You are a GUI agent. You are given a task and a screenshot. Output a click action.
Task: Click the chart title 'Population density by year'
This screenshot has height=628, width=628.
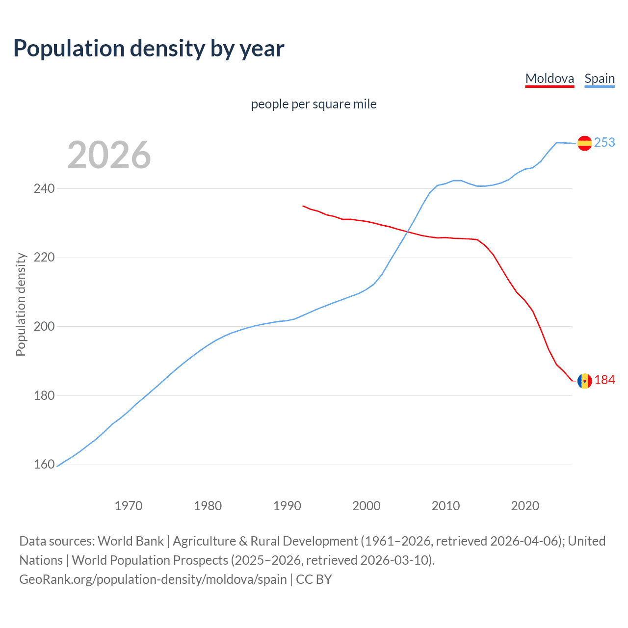(149, 49)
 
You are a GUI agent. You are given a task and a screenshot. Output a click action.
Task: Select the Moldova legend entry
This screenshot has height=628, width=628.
(549, 78)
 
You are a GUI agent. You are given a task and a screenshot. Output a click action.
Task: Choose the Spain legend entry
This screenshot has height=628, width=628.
(600, 78)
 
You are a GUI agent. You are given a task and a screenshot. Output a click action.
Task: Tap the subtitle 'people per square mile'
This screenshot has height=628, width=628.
(314, 104)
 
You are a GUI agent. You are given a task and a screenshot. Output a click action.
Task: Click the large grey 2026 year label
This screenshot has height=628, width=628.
(109, 155)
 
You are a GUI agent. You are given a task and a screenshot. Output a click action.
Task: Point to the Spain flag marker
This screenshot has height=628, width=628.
(584, 143)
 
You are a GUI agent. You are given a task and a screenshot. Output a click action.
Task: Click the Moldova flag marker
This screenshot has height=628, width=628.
(584, 381)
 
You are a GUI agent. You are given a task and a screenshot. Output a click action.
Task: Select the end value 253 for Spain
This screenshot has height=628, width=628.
(604, 142)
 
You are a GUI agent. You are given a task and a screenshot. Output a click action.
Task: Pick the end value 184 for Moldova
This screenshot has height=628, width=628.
(604, 380)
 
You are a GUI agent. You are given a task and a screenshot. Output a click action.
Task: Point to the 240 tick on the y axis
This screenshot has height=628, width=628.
(44, 188)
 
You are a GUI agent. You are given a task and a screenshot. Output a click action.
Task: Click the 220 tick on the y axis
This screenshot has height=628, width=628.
(44, 258)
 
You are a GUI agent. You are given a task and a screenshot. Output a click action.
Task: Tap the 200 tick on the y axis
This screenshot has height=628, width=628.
(44, 326)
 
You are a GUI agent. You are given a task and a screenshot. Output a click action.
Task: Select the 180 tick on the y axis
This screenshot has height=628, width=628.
(44, 395)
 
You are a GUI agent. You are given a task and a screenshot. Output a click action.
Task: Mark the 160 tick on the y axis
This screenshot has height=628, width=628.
(44, 464)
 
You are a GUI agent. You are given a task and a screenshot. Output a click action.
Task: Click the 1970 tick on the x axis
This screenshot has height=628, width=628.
(129, 506)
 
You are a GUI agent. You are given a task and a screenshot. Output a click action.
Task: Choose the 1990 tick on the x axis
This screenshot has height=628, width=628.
(287, 506)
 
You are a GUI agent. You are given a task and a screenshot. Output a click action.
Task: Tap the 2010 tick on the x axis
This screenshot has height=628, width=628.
(445, 506)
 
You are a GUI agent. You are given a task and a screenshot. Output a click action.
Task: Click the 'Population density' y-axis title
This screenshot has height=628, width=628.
(21, 304)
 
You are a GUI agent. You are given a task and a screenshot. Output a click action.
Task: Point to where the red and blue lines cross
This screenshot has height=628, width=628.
(405, 232)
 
